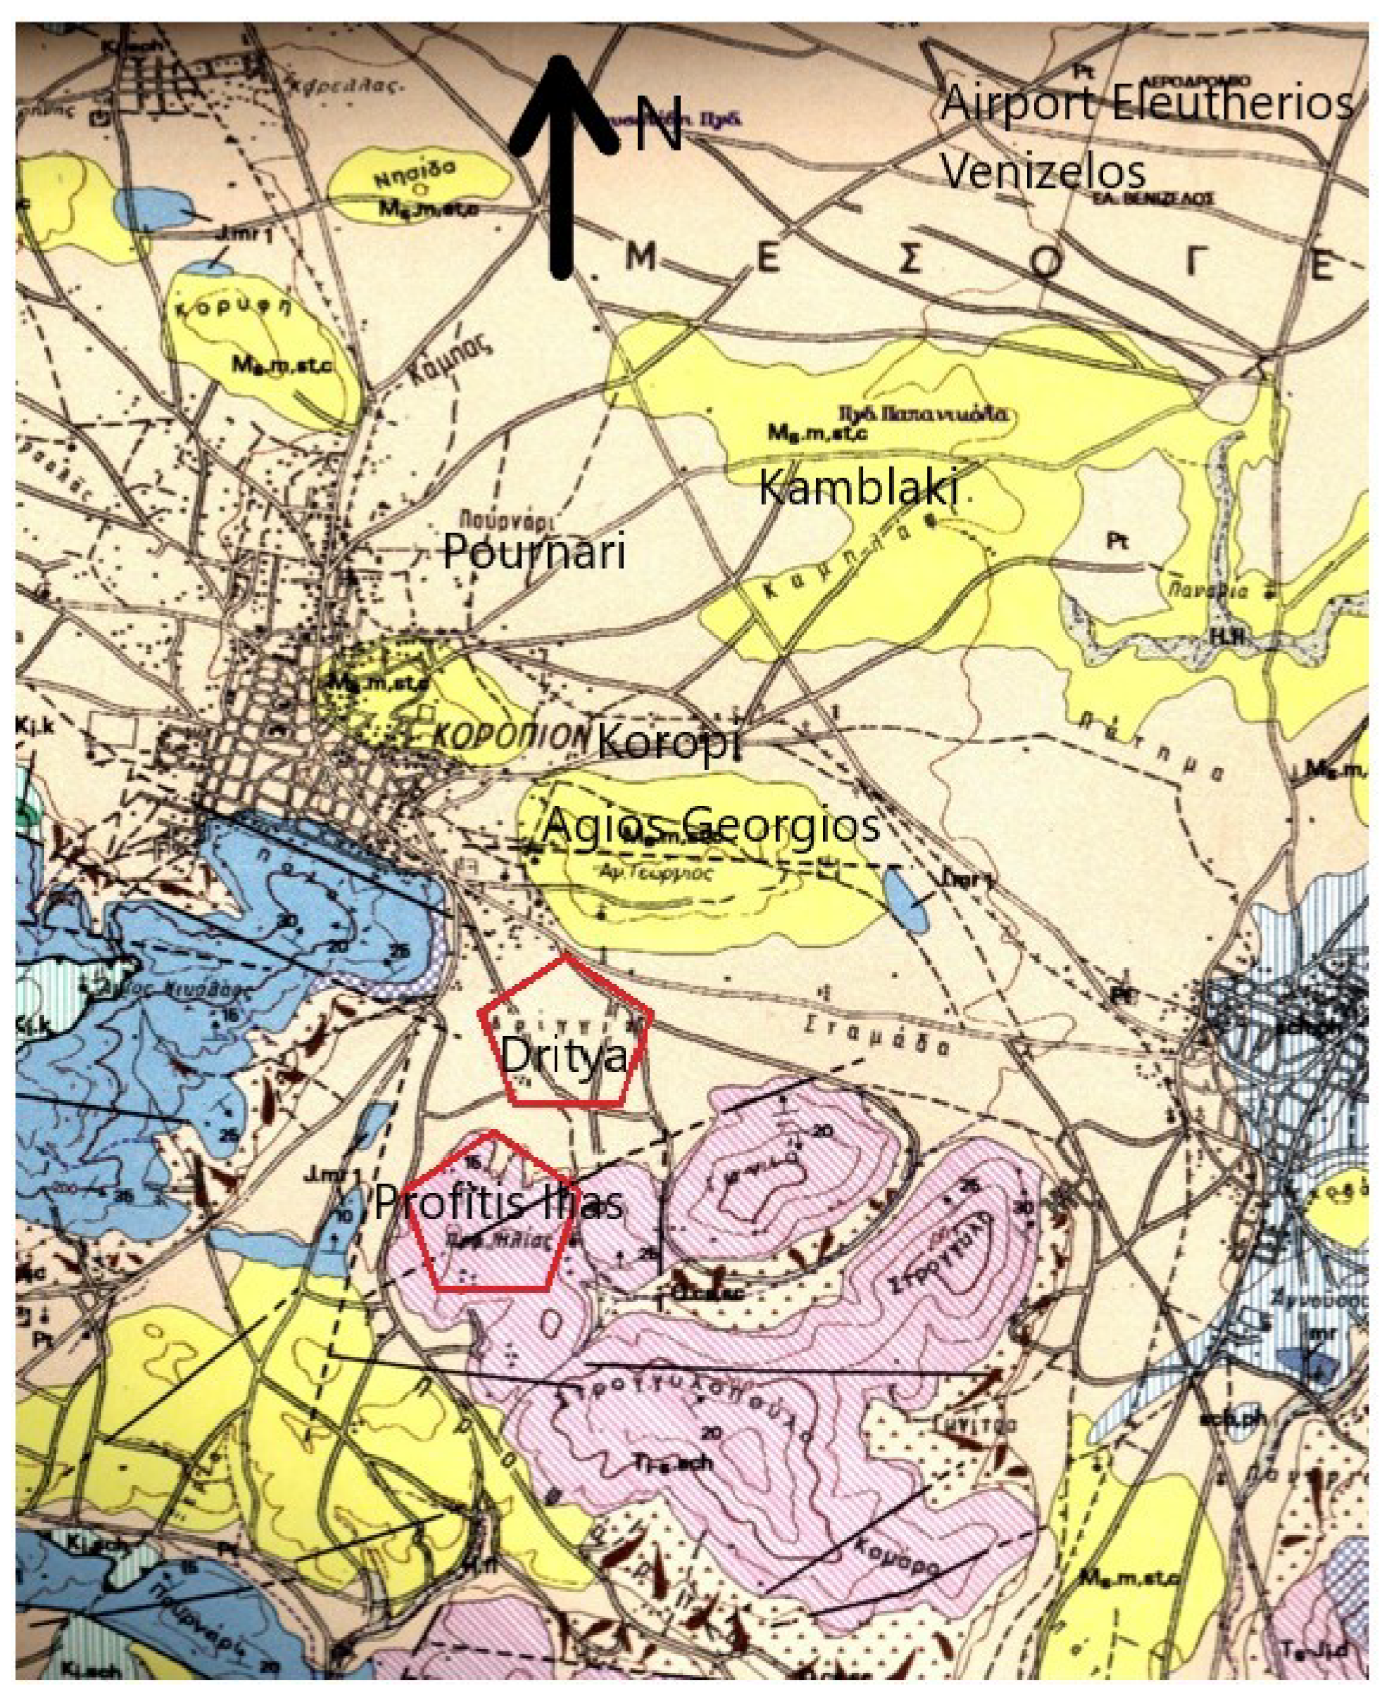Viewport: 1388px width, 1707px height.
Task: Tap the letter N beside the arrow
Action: pos(659,124)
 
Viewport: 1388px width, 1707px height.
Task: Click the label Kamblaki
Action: pos(857,487)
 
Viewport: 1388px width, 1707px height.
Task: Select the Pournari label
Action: pos(533,552)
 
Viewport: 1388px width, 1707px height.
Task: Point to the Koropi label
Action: pos(669,742)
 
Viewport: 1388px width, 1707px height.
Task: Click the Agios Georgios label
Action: pos(712,825)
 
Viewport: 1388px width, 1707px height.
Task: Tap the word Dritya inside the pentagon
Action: pos(564,1056)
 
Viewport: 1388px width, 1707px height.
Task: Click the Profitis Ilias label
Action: pos(498,1202)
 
